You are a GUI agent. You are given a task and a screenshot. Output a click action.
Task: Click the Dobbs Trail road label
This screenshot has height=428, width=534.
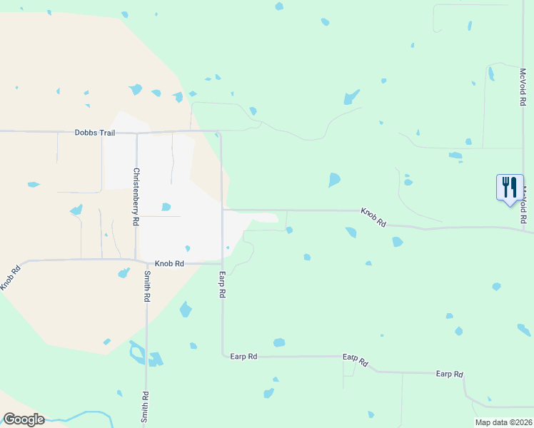tap(94, 133)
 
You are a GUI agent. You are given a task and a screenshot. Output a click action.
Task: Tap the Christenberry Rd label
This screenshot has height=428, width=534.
tap(135, 197)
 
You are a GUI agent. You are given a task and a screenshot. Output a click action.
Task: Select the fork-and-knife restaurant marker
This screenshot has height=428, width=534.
tap(510, 188)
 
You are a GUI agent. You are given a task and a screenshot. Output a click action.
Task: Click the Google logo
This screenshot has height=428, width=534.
tap(23, 419)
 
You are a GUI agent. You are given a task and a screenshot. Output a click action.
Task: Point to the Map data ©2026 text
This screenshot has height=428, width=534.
tap(503, 422)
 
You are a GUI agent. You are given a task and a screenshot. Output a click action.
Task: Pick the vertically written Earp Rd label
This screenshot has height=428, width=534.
tap(222, 284)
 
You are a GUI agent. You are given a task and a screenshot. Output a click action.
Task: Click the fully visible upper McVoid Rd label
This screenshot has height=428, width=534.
tap(523, 87)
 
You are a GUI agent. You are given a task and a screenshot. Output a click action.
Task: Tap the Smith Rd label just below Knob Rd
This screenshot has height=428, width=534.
tap(146, 286)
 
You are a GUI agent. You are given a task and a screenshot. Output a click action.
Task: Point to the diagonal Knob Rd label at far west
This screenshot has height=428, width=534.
tap(10, 276)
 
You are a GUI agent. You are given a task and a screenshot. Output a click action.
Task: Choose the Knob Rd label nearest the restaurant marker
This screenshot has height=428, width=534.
tap(373, 218)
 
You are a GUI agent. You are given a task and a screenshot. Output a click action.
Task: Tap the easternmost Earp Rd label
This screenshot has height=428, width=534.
tap(450, 374)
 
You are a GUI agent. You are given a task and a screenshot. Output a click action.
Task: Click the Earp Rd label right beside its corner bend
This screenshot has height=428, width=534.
tap(243, 355)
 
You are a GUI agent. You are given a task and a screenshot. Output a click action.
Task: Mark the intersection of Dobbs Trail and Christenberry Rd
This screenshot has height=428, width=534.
tap(136, 132)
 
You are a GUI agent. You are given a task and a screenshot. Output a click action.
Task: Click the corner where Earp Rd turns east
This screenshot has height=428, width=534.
tap(222, 355)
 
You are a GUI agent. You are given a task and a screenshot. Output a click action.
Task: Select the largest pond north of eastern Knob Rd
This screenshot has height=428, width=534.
tap(334, 180)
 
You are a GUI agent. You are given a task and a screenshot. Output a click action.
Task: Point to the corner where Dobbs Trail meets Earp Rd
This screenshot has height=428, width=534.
tap(221, 132)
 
